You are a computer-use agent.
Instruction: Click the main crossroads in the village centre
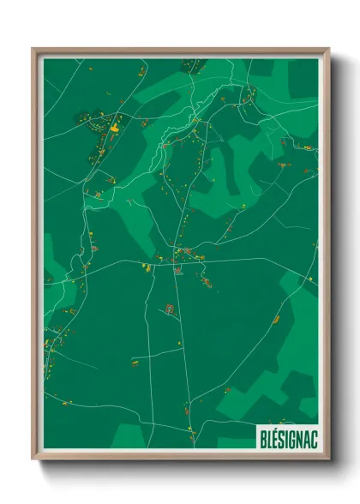click(177, 258)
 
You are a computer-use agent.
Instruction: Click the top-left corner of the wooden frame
click(33, 49)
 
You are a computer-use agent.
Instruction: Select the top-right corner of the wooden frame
click(328, 49)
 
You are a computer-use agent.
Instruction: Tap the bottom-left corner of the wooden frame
click(33, 459)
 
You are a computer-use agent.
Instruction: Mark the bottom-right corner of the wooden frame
click(328, 459)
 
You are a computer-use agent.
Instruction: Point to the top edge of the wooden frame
click(180, 51)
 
